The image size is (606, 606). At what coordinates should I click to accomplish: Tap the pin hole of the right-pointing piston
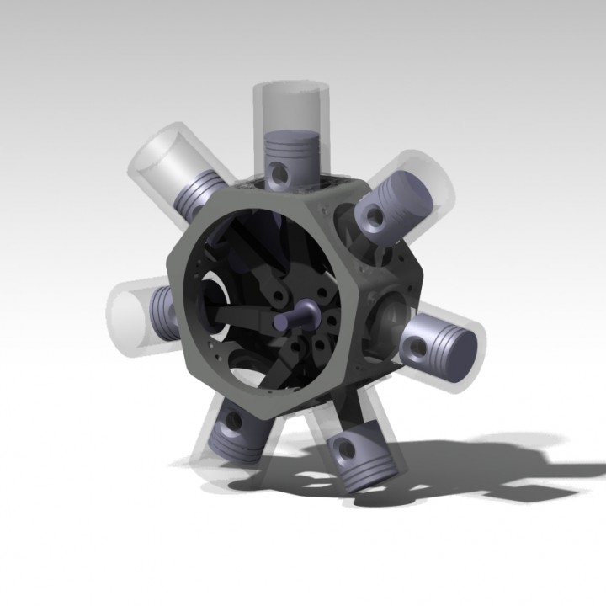(x=417, y=343)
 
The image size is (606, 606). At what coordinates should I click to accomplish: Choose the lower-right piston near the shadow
(x=359, y=458)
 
